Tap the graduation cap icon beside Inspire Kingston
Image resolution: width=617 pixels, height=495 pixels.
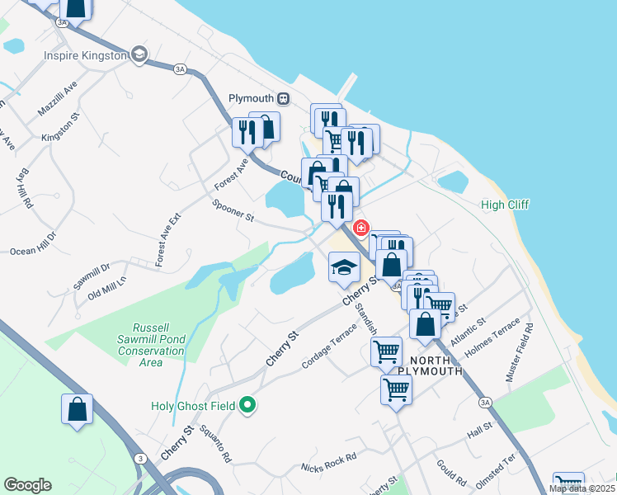pos(139,54)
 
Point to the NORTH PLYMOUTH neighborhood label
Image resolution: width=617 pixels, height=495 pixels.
pos(425,365)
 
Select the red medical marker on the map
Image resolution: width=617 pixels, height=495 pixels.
pos(360,227)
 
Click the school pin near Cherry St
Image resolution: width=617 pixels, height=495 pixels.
pos(343,267)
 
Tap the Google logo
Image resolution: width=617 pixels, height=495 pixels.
pos(27,485)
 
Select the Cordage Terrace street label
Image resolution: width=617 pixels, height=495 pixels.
pos(330,346)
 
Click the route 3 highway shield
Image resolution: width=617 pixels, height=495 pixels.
pos(141,459)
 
